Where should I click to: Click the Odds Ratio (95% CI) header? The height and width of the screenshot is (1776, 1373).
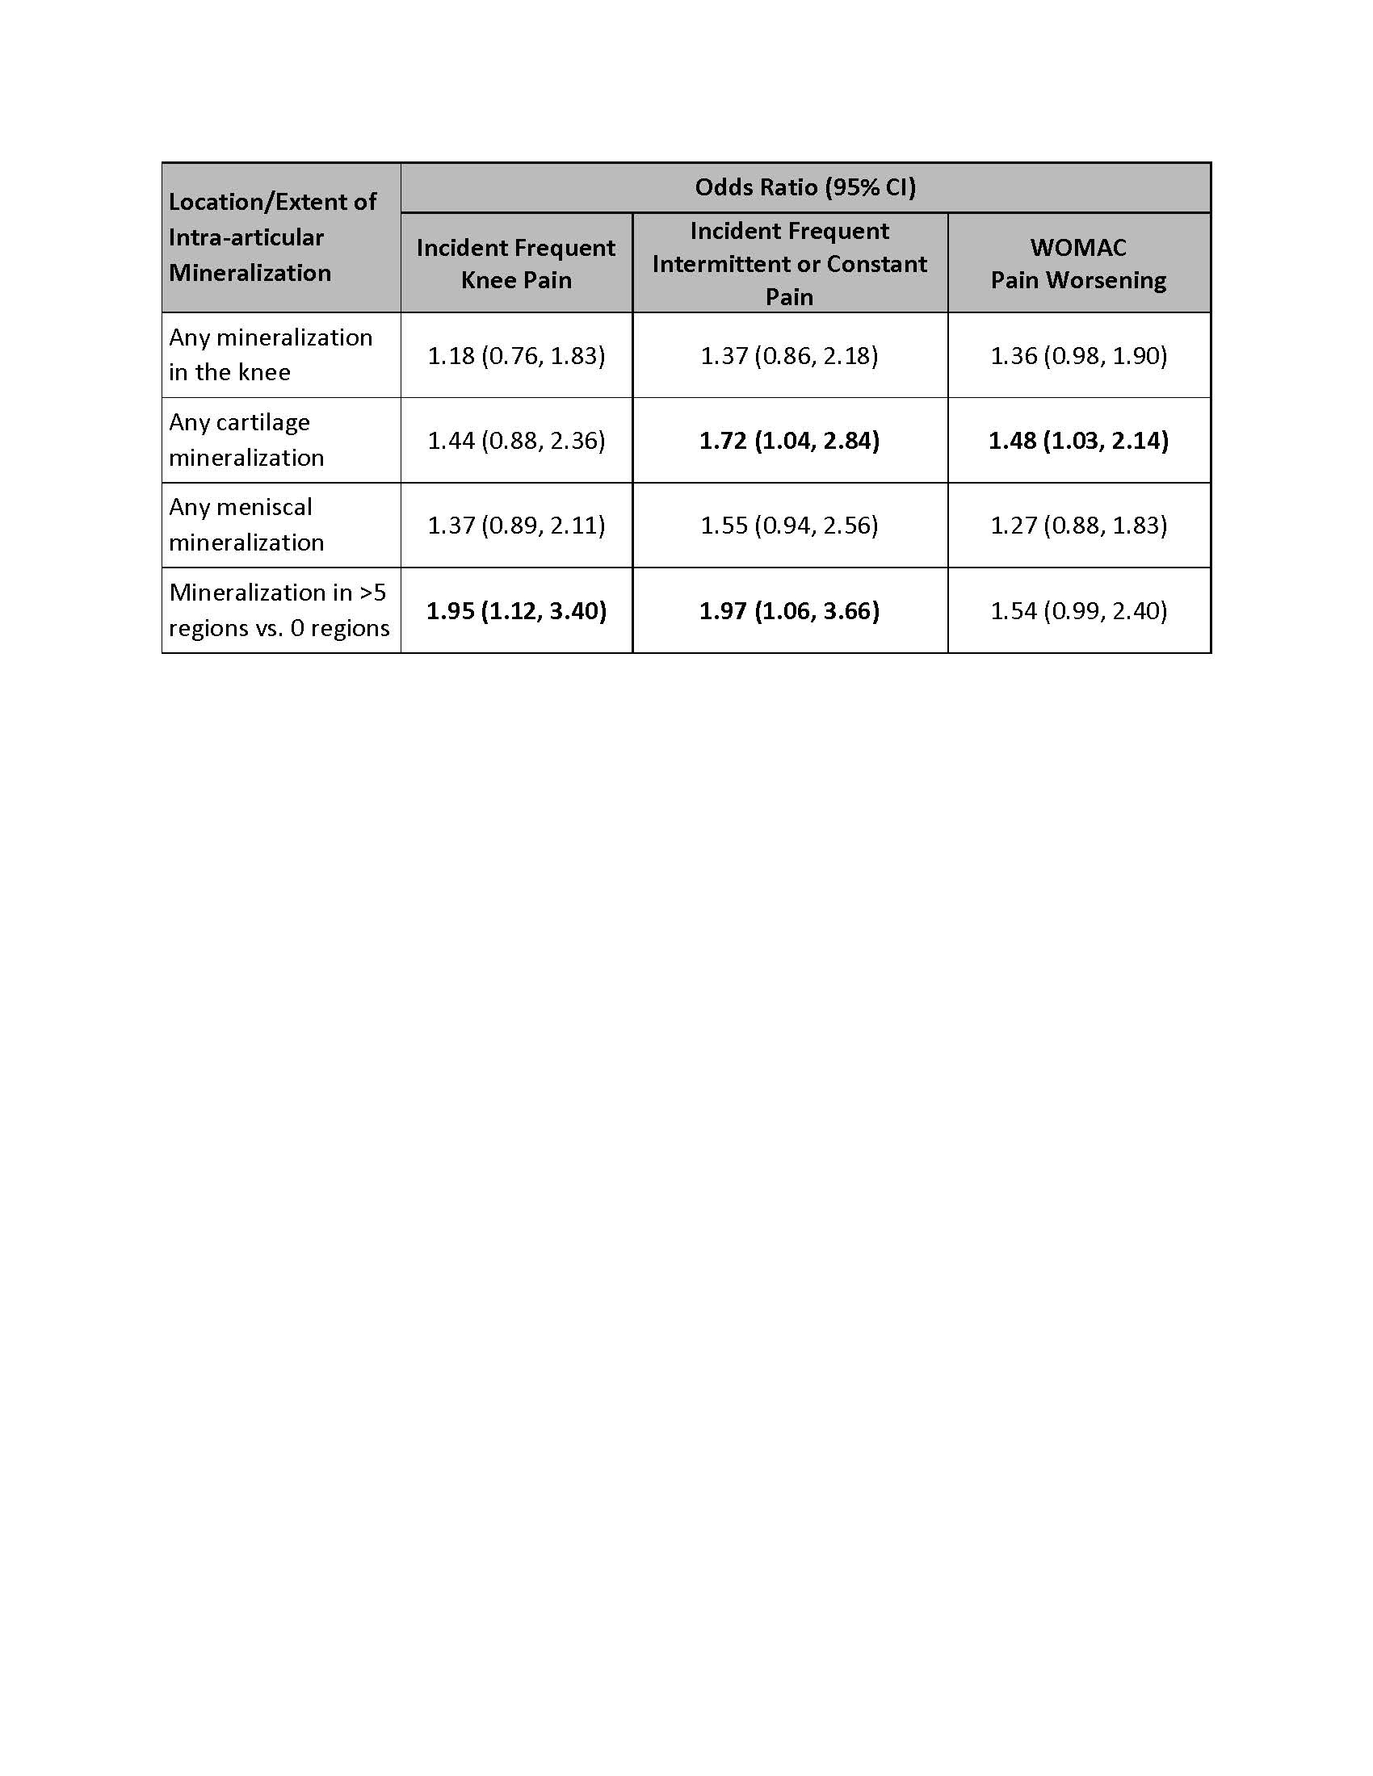(x=805, y=188)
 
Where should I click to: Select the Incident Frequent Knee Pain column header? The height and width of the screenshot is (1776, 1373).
(x=516, y=263)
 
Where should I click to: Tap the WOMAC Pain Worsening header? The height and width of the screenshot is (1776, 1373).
(x=1077, y=263)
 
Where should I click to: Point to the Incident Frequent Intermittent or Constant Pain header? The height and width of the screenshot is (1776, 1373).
(x=789, y=263)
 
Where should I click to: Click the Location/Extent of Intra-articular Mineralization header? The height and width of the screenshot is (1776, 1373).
(x=271, y=237)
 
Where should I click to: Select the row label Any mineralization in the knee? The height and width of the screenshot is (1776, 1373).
(x=270, y=354)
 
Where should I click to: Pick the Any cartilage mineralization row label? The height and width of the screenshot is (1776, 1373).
(x=246, y=440)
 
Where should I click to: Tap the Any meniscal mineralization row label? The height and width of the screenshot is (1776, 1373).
(x=246, y=525)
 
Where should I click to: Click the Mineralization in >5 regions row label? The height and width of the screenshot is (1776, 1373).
(x=279, y=609)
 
